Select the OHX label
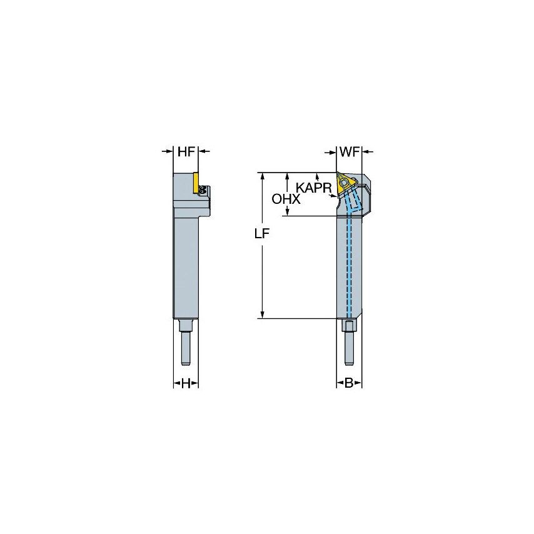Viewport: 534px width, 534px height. pos(286,199)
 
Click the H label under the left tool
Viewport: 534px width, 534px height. pos(186,383)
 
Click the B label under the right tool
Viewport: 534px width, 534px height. pos(350,383)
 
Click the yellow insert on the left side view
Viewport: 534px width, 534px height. pos(196,182)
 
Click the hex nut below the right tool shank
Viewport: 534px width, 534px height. pos(350,326)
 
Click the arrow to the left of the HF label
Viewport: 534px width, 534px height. pos(169,151)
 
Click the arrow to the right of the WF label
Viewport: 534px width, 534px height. pos(366,151)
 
